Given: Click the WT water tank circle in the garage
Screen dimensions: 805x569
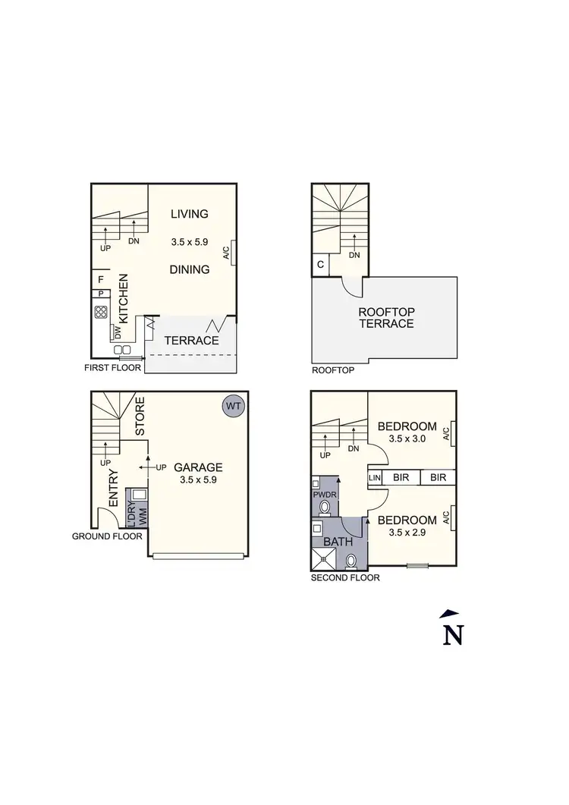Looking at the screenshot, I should (233, 407).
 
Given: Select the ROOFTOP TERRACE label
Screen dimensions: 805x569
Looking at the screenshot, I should (386, 317).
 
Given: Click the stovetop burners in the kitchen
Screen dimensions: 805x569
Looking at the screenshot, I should (100, 311).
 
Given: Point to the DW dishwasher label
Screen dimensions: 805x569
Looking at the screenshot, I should (118, 332).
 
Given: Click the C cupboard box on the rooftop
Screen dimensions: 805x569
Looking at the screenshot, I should (320, 265).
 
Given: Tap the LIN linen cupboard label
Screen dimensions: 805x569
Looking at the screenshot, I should (373, 477).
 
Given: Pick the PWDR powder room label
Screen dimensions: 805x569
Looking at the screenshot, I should (324, 495).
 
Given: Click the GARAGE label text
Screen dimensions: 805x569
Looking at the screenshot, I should (198, 467).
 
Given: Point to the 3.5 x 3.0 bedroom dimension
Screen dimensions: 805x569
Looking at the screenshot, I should (407, 438).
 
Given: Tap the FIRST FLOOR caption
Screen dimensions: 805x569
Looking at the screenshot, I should (112, 367).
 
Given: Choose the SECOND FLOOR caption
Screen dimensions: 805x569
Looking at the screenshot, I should (345, 577).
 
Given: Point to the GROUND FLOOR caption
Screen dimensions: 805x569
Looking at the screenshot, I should (107, 536).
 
